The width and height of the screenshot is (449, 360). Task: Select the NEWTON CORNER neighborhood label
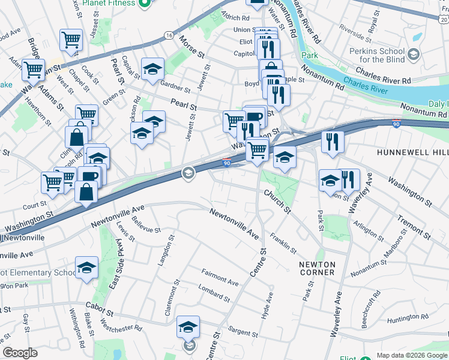(x=317, y=268)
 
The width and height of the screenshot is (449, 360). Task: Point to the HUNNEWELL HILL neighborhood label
(x=412, y=153)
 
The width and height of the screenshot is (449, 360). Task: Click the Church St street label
(x=277, y=202)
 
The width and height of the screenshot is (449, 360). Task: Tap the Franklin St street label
(x=283, y=242)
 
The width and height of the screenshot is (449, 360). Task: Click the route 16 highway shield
(x=170, y=36)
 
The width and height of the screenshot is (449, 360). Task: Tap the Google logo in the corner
(x=20, y=353)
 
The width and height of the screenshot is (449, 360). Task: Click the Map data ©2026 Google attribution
(x=412, y=355)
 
